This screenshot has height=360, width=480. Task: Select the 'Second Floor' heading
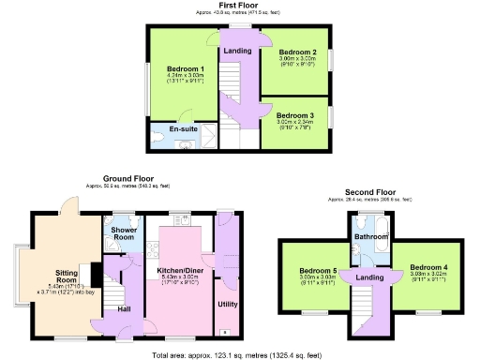[367, 191]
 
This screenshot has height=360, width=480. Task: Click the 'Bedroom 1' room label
[185, 68]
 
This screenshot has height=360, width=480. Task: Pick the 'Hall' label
[124, 307]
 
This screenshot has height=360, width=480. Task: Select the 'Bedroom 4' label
[427, 267]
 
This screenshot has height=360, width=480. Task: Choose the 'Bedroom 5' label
[310, 269]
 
